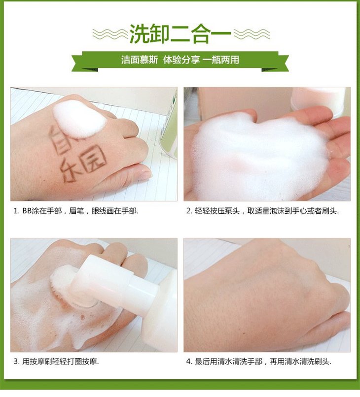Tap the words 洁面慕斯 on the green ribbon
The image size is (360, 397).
tap(140, 60)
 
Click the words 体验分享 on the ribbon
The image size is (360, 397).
tap(181, 60)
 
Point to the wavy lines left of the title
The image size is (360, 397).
tap(110, 34)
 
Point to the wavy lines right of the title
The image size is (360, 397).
tap(251, 34)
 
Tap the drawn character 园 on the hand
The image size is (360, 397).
tap(93, 160)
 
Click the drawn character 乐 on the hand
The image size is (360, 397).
tap(71, 169)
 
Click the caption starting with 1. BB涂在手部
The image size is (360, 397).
tap(76, 211)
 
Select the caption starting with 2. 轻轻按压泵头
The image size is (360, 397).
tap(262, 211)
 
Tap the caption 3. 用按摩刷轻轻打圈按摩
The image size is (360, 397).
tap(56, 362)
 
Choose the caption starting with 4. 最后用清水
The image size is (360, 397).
tap(258, 362)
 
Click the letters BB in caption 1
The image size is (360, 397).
tap(27, 211)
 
